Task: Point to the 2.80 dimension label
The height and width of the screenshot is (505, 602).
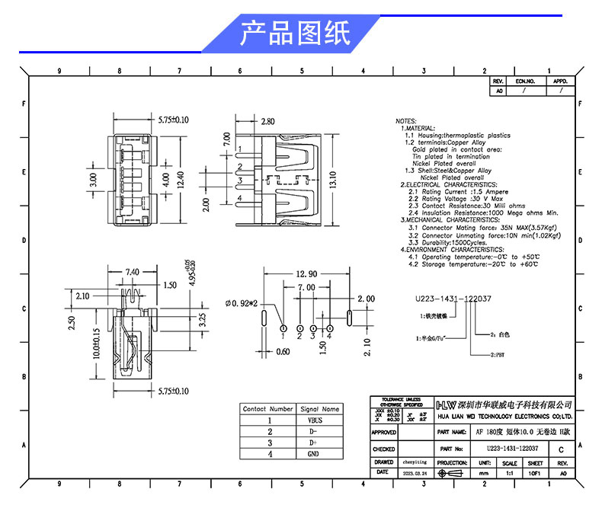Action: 267,121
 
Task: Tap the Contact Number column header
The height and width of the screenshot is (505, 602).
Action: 267,409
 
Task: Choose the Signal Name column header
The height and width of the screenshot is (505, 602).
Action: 320,409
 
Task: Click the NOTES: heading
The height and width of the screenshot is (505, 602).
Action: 405,122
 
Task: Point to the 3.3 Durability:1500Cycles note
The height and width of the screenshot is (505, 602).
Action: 448,243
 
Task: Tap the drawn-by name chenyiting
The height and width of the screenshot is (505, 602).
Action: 416,462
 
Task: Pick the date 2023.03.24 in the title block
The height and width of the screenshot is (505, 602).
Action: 416,472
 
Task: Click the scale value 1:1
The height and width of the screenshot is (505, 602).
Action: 509,472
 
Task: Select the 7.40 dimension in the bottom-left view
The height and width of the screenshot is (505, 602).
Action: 132,272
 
